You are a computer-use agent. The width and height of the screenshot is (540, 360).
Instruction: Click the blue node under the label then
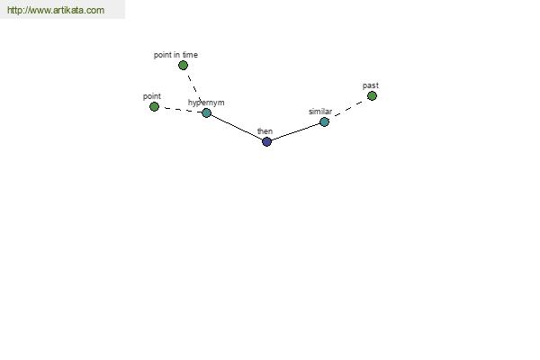266,141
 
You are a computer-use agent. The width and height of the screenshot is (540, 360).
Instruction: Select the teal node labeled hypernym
206,112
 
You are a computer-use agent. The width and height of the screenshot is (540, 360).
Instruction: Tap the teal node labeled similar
324,121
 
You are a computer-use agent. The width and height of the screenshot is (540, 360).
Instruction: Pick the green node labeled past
372,95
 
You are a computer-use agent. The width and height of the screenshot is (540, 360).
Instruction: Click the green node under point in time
183,65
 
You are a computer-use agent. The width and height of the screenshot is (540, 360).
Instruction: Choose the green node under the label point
154,106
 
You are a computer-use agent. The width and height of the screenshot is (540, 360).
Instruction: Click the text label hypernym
206,103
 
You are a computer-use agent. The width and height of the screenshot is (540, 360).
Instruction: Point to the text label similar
320,112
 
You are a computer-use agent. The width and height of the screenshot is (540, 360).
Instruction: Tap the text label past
371,85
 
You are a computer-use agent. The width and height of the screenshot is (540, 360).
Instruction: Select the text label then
265,131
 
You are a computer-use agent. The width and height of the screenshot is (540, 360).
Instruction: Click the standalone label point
152,96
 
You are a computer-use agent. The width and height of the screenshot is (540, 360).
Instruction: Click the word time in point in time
190,55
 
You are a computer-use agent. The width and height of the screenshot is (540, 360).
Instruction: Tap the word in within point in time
176,55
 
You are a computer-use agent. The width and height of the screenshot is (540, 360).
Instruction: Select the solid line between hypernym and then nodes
237,127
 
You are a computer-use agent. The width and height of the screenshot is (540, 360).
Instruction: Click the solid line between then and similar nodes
295,131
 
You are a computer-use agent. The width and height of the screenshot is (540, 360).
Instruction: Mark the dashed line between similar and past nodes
348,109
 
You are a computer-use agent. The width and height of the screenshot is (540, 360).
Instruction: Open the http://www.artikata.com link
56,10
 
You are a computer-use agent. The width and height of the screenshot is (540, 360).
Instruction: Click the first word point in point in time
163,55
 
